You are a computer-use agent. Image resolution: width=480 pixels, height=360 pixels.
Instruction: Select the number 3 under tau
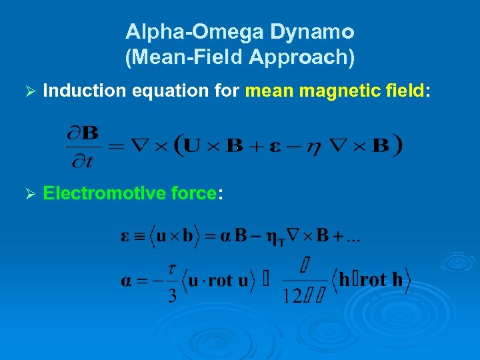pyautogui.click(x=172, y=294)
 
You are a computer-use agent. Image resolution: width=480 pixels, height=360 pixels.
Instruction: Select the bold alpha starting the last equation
pyautogui.click(x=126, y=281)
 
